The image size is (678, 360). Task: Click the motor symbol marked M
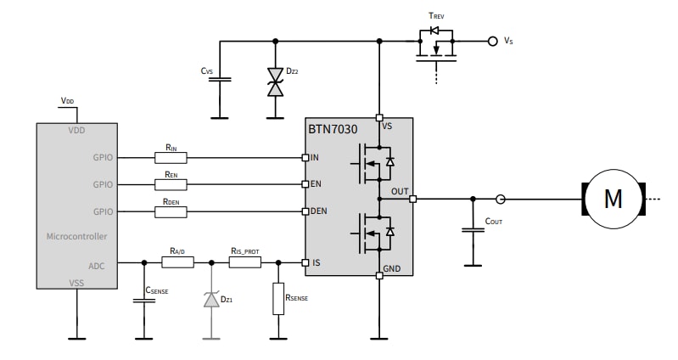pyautogui.click(x=612, y=199)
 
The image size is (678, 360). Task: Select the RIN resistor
pyautogui.click(x=171, y=157)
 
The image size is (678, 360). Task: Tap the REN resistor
pyautogui.click(x=171, y=183)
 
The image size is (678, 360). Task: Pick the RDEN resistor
pyautogui.click(x=171, y=211)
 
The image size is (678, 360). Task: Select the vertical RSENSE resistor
pyautogui.click(x=277, y=299)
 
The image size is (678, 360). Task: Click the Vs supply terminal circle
pyautogui.click(x=491, y=41)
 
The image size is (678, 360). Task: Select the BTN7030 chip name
pyautogui.click(x=333, y=131)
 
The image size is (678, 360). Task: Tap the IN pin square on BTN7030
pyautogui.click(x=305, y=157)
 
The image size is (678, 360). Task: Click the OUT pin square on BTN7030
pyautogui.click(x=412, y=200)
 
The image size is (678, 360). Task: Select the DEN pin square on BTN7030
pyautogui.click(x=305, y=211)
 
